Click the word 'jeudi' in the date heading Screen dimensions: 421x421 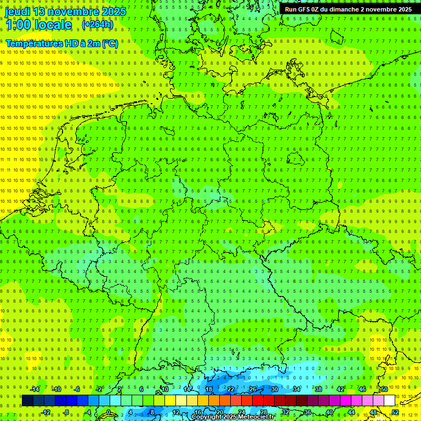pos(18,12)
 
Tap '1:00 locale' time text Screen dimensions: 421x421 pos(38,25)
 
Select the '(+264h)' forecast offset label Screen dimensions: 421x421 pos(98,25)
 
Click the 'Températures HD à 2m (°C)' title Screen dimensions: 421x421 pos(61,43)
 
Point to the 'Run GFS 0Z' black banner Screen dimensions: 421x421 pos(349,9)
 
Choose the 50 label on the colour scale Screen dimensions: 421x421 pos(384,389)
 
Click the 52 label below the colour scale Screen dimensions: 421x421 pos(395,412)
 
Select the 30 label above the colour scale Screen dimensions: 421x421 pos(275,389)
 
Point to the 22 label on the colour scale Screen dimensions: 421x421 pos(231,389)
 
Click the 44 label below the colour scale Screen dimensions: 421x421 pos(351,412)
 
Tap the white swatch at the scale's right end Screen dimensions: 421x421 pos(389,401)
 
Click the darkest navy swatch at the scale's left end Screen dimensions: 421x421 pos(27,401)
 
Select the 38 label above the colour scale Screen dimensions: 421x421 pos(318,389)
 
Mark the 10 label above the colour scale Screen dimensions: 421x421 pos(165,389)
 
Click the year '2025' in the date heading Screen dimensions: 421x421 pos(113,12)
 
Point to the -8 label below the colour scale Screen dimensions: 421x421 pos(67,412)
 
